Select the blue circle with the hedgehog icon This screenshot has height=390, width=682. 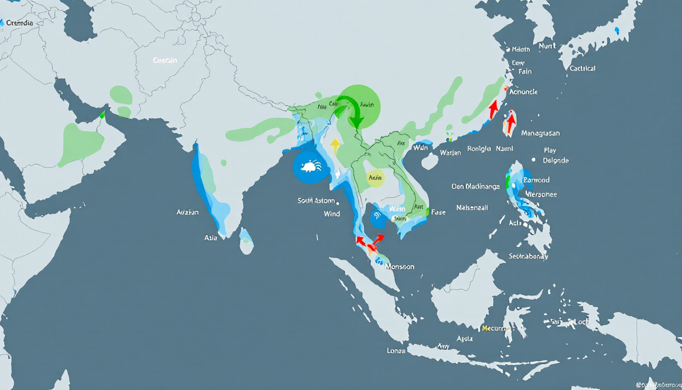click(309, 166)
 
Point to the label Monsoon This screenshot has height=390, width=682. click(400, 266)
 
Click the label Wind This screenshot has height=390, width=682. click(331, 214)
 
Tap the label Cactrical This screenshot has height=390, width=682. click(583, 68)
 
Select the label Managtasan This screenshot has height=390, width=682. click(540, 133)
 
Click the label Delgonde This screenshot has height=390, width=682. click(556, 160)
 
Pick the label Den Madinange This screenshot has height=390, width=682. click(475, 186)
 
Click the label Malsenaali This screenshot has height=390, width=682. click(472, 208)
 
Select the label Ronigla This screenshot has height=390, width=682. click(479, 149)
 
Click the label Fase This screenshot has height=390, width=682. click(438, 212)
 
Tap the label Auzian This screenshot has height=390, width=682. click(187, 212)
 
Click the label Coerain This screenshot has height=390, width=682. click(165, 60)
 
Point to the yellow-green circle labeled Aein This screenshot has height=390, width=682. click(376, 178)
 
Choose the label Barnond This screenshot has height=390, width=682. click(536, 180)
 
